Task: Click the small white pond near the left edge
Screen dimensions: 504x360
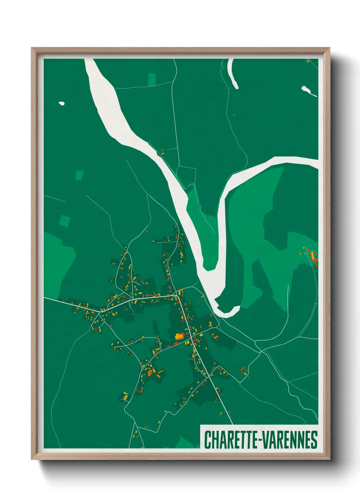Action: tap(62, 103)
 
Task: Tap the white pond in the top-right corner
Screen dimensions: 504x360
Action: tap(306, 90)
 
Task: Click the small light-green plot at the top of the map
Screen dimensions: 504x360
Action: tap(151, 79)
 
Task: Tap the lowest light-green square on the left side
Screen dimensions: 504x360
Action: tap(65, 221)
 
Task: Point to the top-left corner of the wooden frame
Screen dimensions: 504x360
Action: tap(32, 49)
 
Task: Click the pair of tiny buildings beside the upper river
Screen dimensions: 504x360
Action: tap(162, 152)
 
